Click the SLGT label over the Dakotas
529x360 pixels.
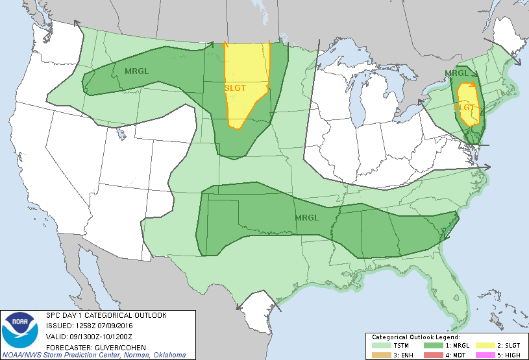[x=235, y=88]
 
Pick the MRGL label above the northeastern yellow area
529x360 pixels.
[x=456, y=73]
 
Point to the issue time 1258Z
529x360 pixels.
[x=84, y=326]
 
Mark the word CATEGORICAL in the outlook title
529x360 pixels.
[x=109, y=315]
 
